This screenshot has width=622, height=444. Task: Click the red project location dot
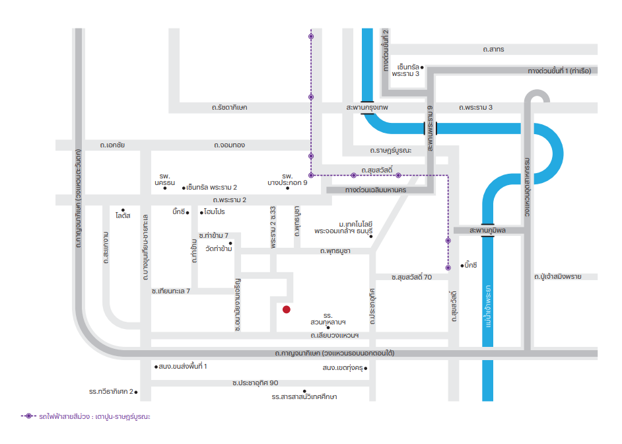287,309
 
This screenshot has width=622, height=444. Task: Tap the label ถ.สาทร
493,49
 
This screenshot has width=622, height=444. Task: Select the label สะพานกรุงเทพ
367,108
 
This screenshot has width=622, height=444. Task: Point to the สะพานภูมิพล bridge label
487,230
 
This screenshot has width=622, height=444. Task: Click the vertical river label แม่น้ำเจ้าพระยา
488,306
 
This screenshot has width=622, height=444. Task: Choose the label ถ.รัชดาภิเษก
229,108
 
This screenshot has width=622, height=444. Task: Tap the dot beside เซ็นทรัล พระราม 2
184,188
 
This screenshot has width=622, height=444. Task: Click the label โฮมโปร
215,212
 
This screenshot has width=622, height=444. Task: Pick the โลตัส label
123,215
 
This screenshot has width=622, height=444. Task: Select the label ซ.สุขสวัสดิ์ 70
411,277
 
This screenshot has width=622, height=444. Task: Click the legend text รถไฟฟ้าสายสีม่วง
64,417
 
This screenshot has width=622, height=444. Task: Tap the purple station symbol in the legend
28,416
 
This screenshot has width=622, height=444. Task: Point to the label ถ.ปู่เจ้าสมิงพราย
557,277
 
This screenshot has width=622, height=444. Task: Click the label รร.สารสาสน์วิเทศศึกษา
304,397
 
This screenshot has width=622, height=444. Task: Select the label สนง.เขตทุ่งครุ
343,368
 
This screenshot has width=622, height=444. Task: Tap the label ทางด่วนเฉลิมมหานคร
375,190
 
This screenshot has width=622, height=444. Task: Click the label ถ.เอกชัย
112,145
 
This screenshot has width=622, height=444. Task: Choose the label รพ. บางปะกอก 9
287,179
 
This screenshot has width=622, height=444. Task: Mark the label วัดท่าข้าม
219,249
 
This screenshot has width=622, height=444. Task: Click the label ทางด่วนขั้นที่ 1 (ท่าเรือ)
559,71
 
